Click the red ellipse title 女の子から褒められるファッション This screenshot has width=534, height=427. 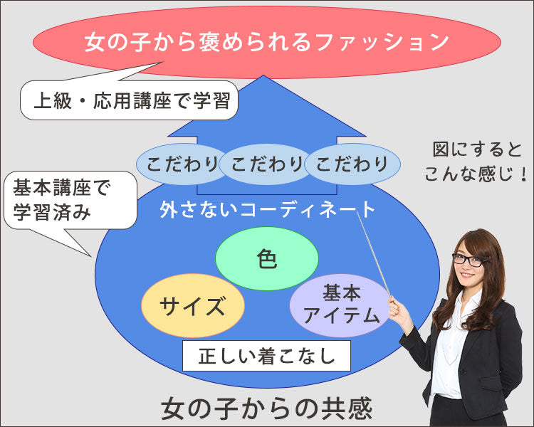coord(266,41)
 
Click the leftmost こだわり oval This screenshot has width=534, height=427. coord(182,164)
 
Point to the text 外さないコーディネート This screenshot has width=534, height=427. coord(267,209)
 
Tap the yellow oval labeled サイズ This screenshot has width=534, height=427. coord(192,306)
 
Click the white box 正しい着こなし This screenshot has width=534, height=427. coord(266,354)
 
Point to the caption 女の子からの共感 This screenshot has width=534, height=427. coord(266,408)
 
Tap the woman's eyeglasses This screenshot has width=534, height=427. coord(468,260)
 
